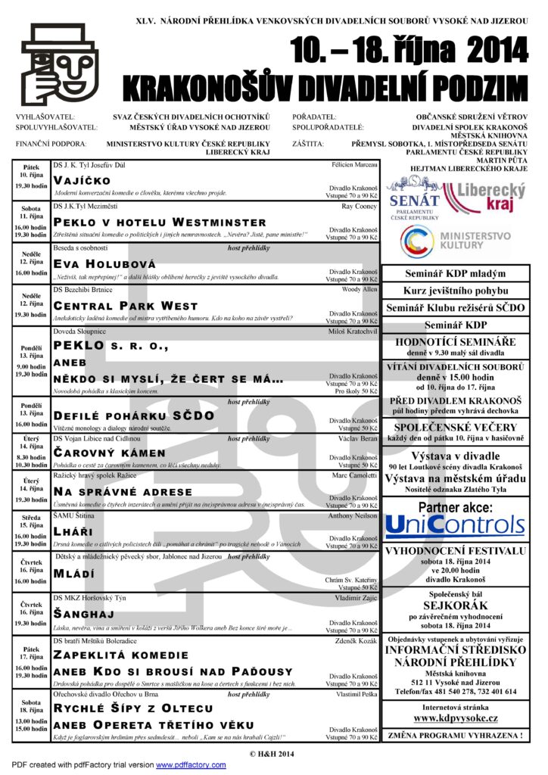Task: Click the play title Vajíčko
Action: (82, 180)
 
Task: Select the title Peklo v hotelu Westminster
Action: (160, 222)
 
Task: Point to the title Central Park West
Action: (126, 306)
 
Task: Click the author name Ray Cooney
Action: (359, 206)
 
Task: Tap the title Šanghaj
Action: (83, 615)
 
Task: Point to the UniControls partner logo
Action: (455, 525)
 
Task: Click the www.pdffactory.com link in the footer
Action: (191, 765)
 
